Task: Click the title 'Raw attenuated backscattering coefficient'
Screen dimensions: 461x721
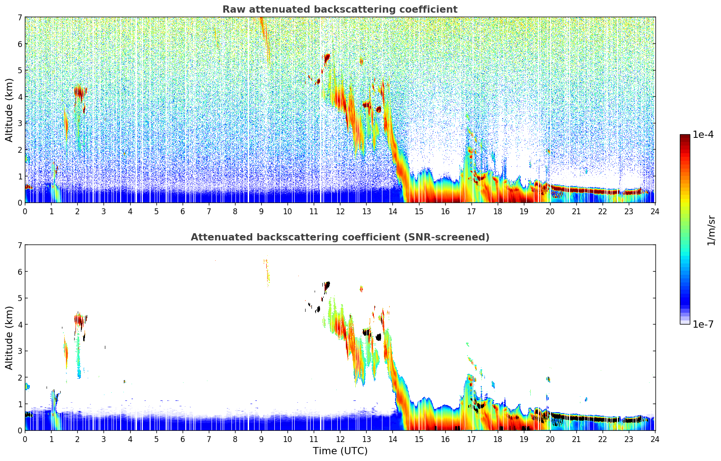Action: [x=339, y=9]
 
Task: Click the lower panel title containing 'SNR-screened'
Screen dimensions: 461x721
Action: [x=339, y=237]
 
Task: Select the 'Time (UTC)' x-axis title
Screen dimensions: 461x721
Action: [x=340, y=451]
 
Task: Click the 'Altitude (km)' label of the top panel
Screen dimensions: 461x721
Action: [x=9, y=110]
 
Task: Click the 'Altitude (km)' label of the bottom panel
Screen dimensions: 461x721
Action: [x=9, y=338]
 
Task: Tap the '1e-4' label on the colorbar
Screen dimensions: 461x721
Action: [x=703, y=135]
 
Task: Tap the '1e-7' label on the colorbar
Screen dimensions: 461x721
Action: [x=703, y=324]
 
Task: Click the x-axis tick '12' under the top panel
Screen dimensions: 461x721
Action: [x=340, y=212]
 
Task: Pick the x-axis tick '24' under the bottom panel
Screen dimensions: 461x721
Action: [x=655, y=439]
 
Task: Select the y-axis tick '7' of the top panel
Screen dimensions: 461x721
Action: [x=20, y=18]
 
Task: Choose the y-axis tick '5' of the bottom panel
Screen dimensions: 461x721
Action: [x=20, y=298]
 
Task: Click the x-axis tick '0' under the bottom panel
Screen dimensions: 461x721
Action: [x=25, y=439]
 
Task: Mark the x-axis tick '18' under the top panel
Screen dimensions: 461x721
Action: [x=497, y=212]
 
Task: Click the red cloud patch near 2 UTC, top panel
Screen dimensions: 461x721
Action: [x=80, y=92]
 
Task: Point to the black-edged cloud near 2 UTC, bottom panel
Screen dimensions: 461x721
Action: [x=80, y=320]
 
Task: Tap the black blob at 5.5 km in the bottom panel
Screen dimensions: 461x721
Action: [x=327, y=285]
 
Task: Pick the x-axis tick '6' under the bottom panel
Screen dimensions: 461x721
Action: [x=183, y=439]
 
